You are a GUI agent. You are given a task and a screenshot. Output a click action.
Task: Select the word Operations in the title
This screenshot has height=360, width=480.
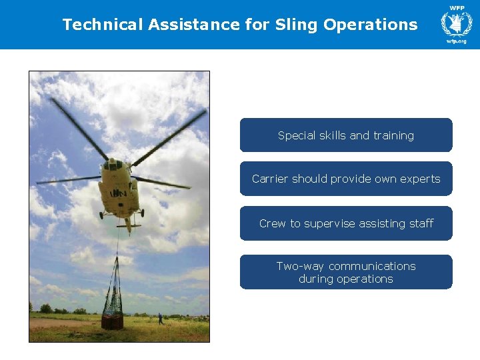[x=371, y=25]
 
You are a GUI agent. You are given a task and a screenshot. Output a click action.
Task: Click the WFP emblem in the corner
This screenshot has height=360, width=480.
[x=457, y=22]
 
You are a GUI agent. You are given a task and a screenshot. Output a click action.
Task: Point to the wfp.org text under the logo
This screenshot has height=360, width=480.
[x=457, y=41]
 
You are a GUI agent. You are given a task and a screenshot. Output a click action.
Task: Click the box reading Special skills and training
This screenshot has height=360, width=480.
[x=346, y=135]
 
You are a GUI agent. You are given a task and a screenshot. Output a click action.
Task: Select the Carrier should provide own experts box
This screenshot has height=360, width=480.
[x=346, y=179]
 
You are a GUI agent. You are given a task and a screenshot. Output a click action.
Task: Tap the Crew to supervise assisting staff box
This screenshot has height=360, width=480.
[x=346, y=223]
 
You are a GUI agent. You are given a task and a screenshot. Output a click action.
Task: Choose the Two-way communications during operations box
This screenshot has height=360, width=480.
[x=346, y=272]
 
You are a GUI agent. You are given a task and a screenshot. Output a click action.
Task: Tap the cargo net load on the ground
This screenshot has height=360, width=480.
[x=112, y=313]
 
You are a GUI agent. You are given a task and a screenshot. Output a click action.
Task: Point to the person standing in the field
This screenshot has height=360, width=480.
[x=160, y=318]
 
